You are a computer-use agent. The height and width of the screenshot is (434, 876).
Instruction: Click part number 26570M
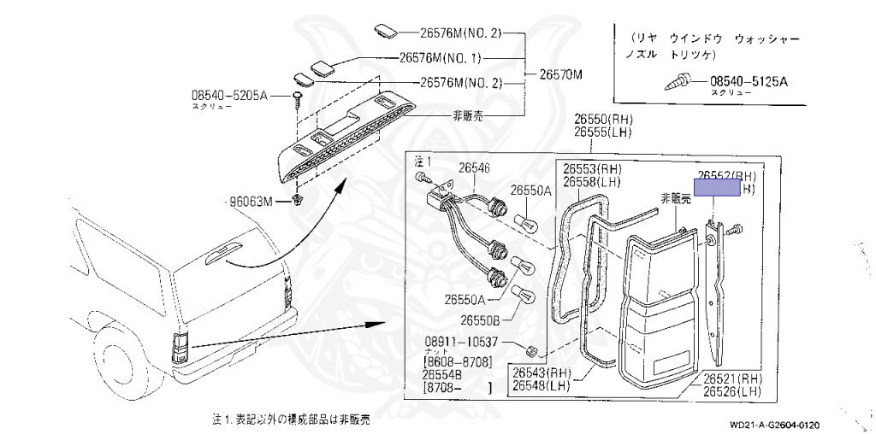coord(560,75)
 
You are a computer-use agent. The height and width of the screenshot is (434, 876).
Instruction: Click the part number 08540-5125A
coord(749,82)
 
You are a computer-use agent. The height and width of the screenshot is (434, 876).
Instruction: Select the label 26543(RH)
coord(542,372)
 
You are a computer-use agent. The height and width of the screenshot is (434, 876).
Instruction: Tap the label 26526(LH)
coord(732,391)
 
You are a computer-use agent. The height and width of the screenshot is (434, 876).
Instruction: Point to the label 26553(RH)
coord(598,168)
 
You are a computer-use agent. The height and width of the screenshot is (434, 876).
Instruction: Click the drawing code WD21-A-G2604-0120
coord(775,425)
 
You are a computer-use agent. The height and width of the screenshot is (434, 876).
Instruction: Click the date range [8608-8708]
coord(457,363)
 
